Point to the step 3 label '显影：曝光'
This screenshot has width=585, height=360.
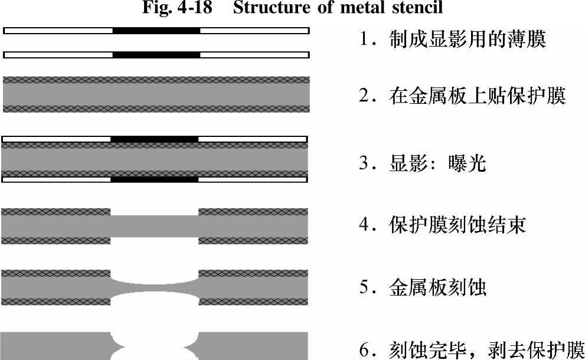tap(423, 162)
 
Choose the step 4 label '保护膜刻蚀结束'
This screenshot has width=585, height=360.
tap(443, 225)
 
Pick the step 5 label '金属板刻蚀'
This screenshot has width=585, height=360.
tap(423, 287)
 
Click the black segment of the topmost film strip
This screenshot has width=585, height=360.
tap(156, 30)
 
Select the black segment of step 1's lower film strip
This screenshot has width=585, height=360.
tap(156, 55)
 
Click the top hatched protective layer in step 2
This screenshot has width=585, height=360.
tap(156, 80)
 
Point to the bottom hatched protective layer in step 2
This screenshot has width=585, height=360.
tap(156, 108)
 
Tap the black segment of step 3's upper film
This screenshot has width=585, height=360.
tap(155, 139)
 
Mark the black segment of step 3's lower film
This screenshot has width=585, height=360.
tap(155, 179)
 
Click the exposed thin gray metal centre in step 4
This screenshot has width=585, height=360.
tap(155, 225)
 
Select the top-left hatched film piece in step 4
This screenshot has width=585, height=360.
tap(57, 211)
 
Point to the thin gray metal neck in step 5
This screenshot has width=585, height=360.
tap(155, 289)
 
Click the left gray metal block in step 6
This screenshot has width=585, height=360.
tap(57, 346)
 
